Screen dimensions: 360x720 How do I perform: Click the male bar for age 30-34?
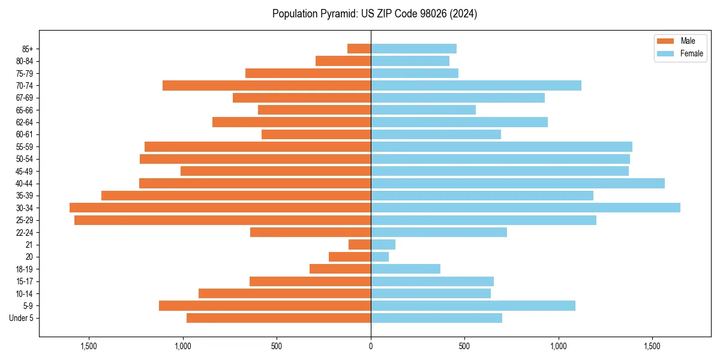coord(220,208)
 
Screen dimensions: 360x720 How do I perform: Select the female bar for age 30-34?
coord(526,208)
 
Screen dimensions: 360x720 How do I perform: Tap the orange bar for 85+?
coord(359,49)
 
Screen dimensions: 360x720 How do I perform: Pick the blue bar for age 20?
coord(380,257)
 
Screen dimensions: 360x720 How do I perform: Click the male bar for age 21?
coord(359,245)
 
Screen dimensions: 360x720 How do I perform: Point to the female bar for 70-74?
coord(476,85)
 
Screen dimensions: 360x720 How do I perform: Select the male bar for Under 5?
coord(278,318)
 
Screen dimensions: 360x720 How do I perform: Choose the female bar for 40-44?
coord(518,183)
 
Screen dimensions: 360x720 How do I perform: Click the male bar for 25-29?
coord(223,220)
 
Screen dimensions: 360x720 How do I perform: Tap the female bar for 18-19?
coord(406,269)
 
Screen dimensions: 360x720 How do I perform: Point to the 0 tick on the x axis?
coord(371,346)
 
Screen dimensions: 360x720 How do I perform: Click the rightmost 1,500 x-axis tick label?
coord(652,346)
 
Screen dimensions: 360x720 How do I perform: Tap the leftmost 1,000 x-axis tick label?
coord(183,346)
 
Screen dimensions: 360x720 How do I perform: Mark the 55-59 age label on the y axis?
coord(25,146)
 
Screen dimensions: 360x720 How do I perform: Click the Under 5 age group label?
coord(22,318)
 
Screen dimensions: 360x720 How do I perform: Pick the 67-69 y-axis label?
coord(25,98)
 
